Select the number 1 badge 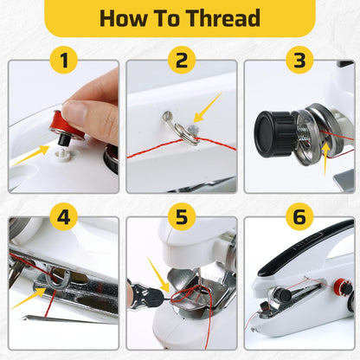tap(62, 61)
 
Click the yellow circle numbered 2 tap(181, 61)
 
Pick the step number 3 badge tap(299, 61)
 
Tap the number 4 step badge tap(62, 216)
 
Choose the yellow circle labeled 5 tap(181, 216)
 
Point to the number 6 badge tap(299, 216)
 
